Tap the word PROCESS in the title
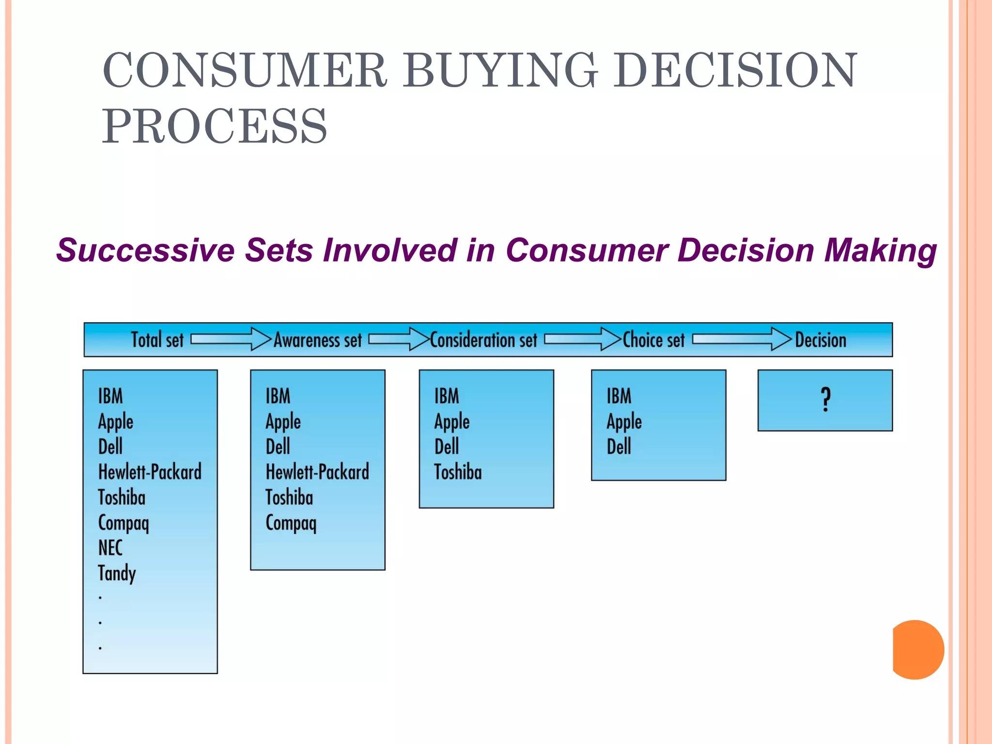tap(214, 127)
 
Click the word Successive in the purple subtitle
tap(145, 250)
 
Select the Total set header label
tap(157, 340)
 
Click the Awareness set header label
tap(318, 340)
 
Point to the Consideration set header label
tap(483, 340)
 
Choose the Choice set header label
tap(653, 340)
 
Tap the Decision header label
tap(821, 340)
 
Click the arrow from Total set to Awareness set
tap(231, 339)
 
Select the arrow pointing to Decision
tap(741, 339)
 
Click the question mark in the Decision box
tap(826, 400)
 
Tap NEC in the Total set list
tap(110, 548)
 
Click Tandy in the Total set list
tap(117, 573)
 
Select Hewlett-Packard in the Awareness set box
tap(317, 472)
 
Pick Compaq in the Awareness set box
tap(291, 523)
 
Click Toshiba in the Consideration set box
tap(458, 472)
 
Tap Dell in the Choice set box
tap(619, 447)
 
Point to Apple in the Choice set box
tap(624, 422)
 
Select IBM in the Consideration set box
tap(446, 396)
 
